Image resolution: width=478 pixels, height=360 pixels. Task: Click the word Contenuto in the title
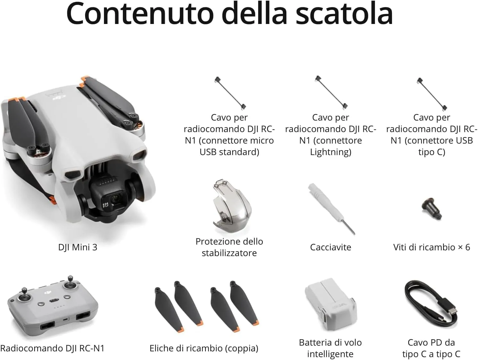[x=140, y=13]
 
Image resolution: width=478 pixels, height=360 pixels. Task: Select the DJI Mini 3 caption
[x=77, y=247]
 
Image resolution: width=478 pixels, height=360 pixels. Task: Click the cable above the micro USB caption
[x=230, y=93]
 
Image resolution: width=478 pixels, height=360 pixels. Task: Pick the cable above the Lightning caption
[x=331, y=92]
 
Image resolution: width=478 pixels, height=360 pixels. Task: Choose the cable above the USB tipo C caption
[x=432, y=94]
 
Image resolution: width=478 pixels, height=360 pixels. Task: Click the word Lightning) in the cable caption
[x=331, y=152]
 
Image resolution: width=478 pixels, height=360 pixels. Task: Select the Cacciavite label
[x=331, y=247]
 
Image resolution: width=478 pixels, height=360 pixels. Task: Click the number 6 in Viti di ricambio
[x=467, y=247]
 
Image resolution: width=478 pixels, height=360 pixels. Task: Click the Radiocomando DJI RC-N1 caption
[x=52, y=348]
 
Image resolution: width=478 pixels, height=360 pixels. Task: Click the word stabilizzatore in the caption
[x=229, y=253]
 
